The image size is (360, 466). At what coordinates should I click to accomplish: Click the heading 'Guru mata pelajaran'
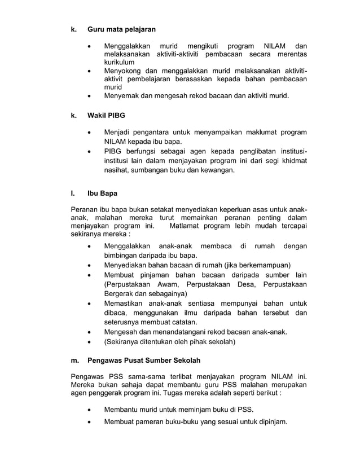[x=121, y=29]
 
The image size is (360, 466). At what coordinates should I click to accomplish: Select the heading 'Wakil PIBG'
[x=106, y=116]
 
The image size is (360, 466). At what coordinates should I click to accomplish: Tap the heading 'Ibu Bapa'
[x=102, y=194]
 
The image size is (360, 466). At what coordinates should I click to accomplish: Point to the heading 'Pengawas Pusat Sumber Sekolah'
[x=144, y=361]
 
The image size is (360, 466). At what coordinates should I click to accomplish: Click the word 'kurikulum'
[x=119, y=62]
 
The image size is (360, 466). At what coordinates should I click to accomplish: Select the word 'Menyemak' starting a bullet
[x=121, y=96]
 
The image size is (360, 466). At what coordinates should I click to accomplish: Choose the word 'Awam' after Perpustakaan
[x=165, y=284]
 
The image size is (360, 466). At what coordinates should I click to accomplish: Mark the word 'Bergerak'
[x=119, y=294]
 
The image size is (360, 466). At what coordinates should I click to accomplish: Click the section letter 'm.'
[x=74, y=361]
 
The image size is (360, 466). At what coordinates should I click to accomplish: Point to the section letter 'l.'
[x=72, y=194]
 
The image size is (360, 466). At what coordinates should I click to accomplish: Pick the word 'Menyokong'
[x=123, y=71]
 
